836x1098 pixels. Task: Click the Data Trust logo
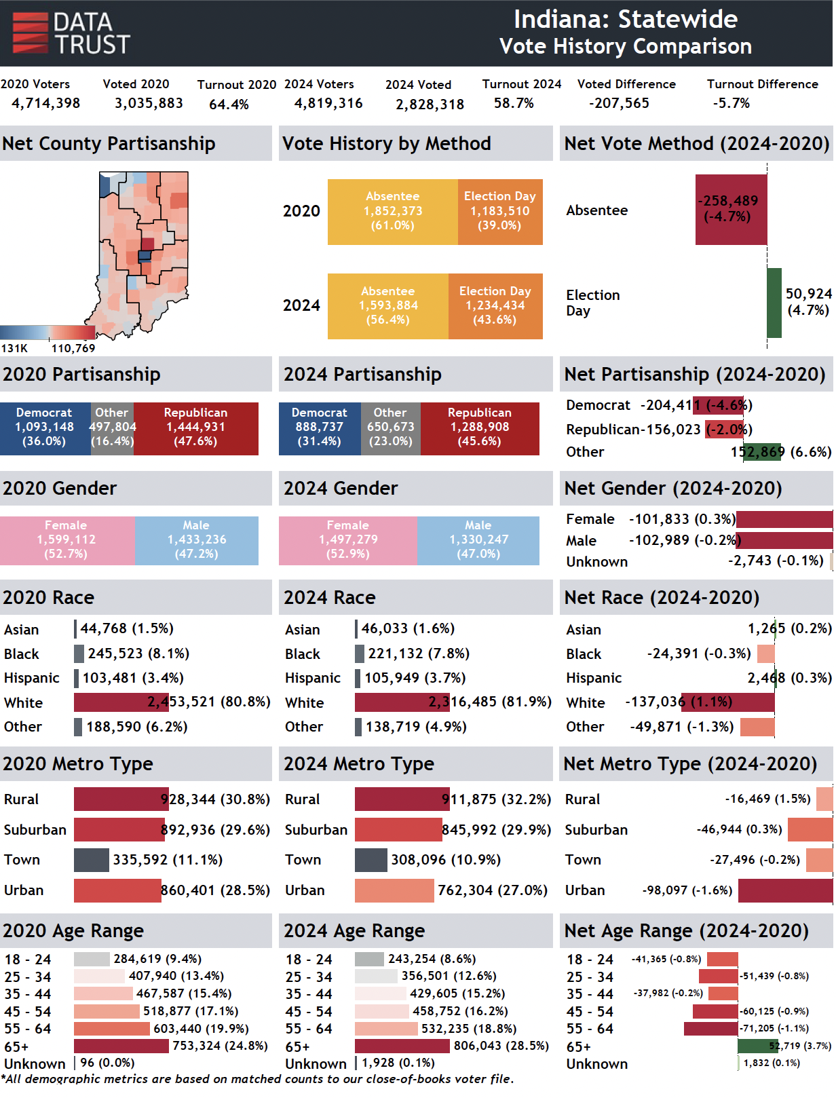coord(71,33)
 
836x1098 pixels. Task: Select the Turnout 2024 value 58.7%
coord(514,103)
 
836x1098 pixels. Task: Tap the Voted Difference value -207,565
coord(618,103)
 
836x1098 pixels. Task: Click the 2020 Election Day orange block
coord(500,212)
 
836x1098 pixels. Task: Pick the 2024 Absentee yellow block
coord(388,305)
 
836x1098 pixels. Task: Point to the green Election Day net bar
coord(774,303)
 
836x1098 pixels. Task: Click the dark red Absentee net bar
coord(731,209)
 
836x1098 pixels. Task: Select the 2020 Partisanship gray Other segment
coord(112,428)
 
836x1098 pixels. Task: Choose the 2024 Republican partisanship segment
coord(480,428)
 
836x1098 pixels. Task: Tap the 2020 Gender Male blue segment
coord(197,540)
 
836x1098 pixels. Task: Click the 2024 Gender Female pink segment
coord(348,540)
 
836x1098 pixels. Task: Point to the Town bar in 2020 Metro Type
coord(92,860)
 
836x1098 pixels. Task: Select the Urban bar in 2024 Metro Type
coord(394,890)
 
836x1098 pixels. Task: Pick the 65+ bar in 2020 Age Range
coord(121,1046)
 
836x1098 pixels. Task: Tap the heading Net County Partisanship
coord(109,144)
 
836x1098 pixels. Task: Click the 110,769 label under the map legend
coord(73,348)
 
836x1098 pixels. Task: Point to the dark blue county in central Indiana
coord(145,256)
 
